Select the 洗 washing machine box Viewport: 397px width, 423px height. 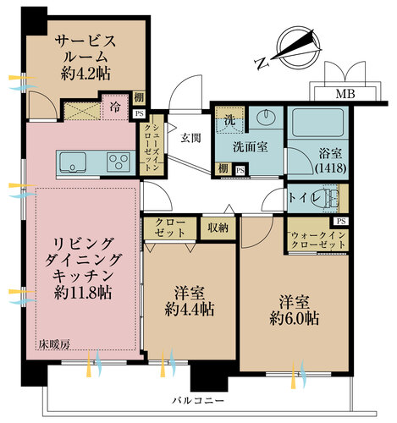pyautogui.click(x=226, y=120)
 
